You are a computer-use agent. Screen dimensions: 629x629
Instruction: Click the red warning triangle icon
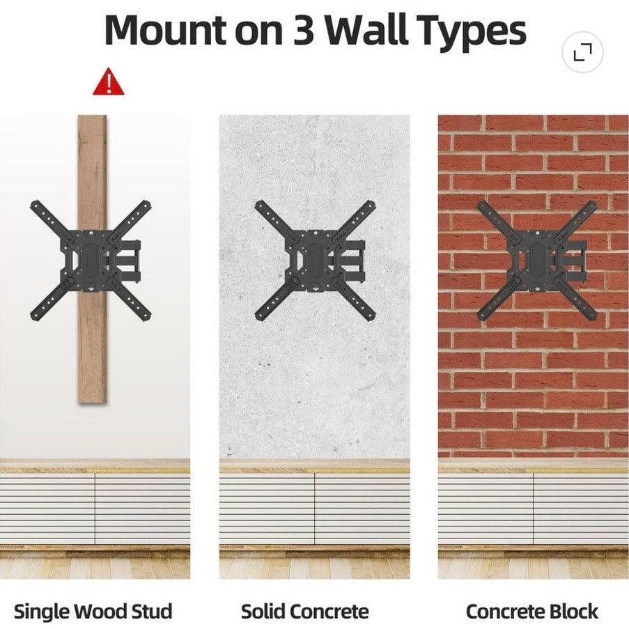click(x=108, y=81)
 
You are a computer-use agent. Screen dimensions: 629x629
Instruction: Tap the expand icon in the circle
click(x=582, y=52)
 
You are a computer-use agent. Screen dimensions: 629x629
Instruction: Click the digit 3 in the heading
click(x=303, y=31)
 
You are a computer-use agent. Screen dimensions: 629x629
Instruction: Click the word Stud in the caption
click(x=152, y=612)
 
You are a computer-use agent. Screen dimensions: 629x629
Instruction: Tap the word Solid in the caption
click(x=261, y=612)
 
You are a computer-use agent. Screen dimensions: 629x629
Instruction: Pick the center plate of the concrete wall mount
click(x=316, y=260)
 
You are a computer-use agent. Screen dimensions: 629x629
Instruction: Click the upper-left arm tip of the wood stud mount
click(x=35, y=204)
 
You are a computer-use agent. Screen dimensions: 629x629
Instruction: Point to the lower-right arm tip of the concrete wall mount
click(x=371, y=316)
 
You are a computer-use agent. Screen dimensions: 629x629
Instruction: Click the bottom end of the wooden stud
click(x=92, y=401)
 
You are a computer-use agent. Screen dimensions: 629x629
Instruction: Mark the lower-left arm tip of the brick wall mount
click(x=482, y=316)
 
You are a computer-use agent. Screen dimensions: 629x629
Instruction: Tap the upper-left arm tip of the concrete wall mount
click(x=260, y=204)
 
